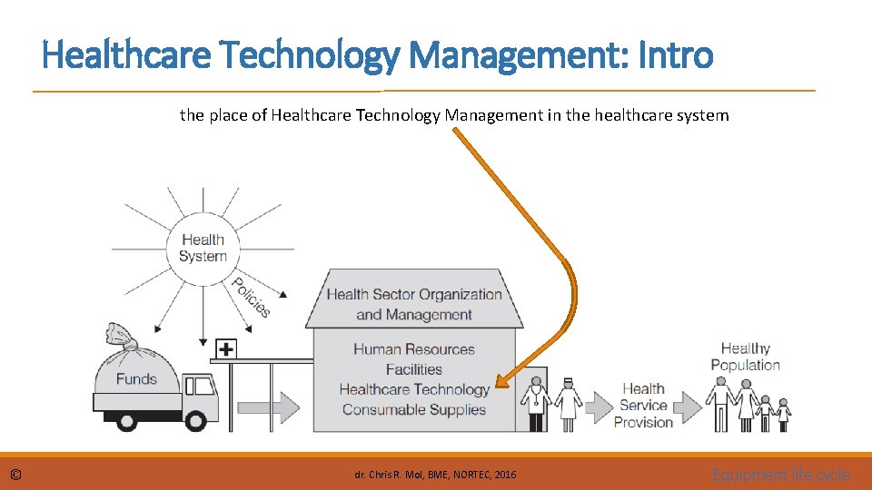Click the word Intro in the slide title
(x=677, y=55)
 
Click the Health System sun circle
(x=203, y=248)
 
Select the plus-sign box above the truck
(x=225, y=348)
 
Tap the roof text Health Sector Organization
(x=414, y=294)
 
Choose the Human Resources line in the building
(x=414, y=349)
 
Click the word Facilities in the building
(x=414, y=369)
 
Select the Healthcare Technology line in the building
(x=414, y=389)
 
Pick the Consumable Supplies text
(x=414, y=409)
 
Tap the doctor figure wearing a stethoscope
(x=536, y=404)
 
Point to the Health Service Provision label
(x=644, y=405)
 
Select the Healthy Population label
(x=745, y=357)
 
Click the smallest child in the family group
(x=783, y=415)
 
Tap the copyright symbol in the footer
(x=16, y=475)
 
